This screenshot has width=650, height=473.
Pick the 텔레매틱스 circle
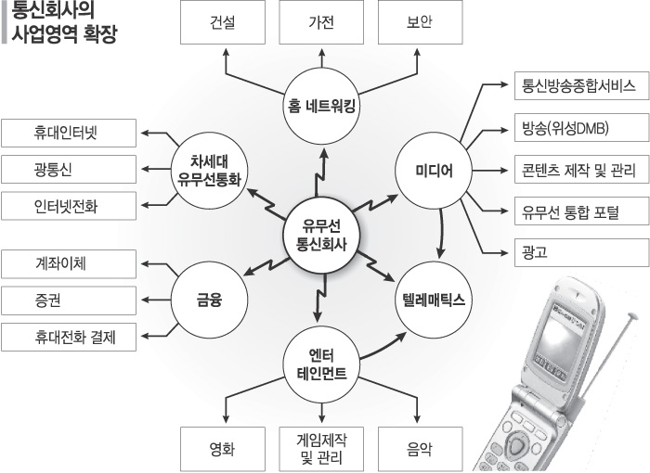433,300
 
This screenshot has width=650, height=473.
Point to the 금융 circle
211,300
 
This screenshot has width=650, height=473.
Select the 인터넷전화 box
70,205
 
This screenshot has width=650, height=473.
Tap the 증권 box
70,300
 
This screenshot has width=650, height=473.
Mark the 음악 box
419,450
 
